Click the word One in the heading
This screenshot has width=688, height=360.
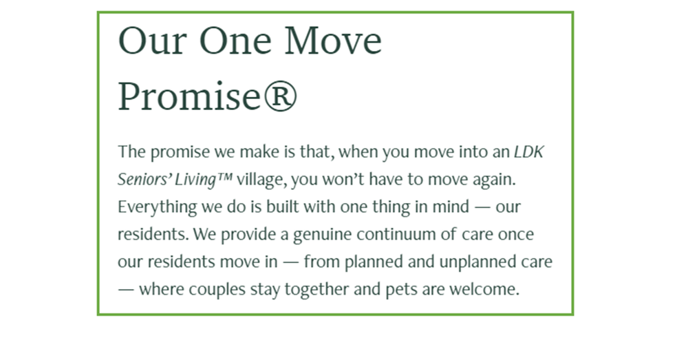(x=235, y=41)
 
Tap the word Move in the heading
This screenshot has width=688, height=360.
(x=333, y=41)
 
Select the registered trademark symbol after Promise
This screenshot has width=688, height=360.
(x=279, y=97)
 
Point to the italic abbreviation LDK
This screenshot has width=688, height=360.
(x=528, y=152)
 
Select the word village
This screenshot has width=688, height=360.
(x=260, y=180)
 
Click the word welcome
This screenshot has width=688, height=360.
(x=483, y=289)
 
